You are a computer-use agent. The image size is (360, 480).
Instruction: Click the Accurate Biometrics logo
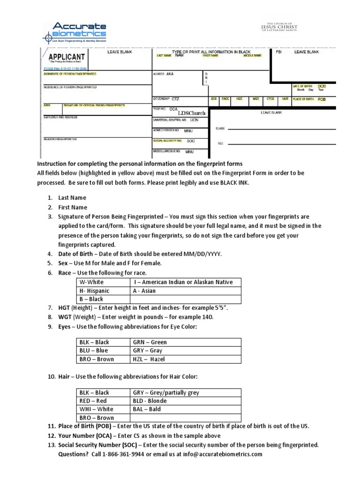(x=75, y=32)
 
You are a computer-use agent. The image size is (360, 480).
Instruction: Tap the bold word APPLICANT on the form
(x=67, y=57)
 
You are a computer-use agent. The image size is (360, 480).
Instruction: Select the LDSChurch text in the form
(x=191, y=113)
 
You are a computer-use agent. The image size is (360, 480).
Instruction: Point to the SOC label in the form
(x=190, y=141)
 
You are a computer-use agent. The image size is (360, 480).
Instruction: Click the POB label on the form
(x=322, y=99)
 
